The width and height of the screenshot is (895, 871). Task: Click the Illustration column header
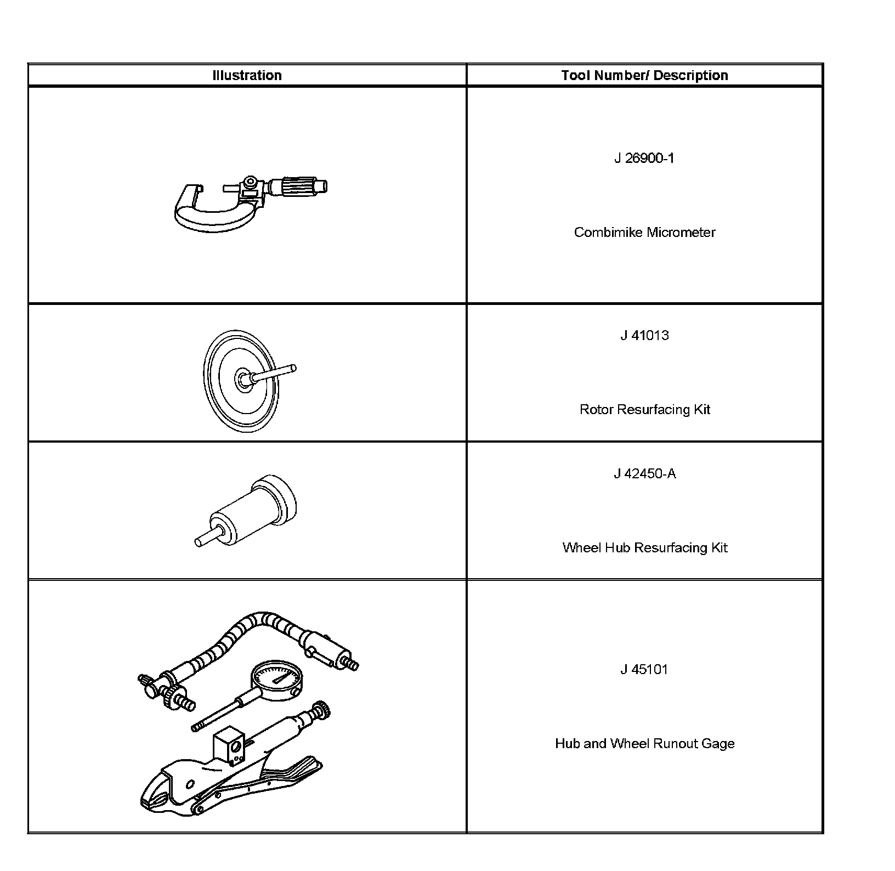coord(247,75)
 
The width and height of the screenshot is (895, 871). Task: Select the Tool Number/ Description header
coord(644,75)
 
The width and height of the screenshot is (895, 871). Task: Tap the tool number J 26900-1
coord(644,159)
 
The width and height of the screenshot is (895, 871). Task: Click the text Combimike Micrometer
coord(644,233)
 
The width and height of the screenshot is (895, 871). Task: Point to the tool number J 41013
coord(644,335)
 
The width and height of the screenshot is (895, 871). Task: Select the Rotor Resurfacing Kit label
coord(644,410)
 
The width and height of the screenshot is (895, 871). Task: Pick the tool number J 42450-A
coord(644,474)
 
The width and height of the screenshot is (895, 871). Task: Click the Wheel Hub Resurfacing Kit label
coord(644,548)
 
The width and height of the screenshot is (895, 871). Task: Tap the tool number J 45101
coord(644,670)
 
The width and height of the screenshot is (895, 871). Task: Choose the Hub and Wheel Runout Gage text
coord(644,744)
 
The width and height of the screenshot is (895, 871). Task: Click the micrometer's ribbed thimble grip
coord(297,186)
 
